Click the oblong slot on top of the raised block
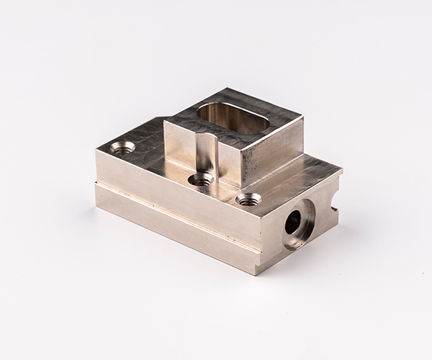tap(233, 117)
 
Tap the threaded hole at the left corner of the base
tap(123, 148)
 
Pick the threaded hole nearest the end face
tap(248, 198)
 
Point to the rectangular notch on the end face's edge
tap(333, 202)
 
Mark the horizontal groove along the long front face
tap(173, 204)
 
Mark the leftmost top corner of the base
tap(96, 153)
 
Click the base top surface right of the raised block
tap(302, 176)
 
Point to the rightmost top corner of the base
tap(341, 172)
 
